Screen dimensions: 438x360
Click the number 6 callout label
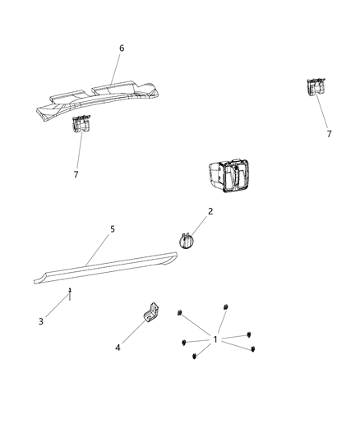click(x=122, y=48)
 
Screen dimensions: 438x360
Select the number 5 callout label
click(x=113, y=229)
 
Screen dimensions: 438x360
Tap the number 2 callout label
click(x=210, y=211)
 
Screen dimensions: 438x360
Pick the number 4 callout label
click(x=117, y=348)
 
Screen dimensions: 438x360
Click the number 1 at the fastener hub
click(x=215, y=339)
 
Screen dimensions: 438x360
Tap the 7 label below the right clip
click(x=329, y=133)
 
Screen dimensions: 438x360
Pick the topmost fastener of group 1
click(x=224, y=307)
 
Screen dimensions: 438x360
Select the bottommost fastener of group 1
click(x=194, y=357)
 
